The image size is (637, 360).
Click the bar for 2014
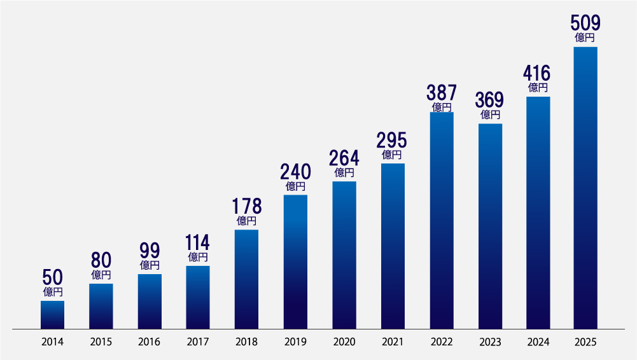[x=52, y=315]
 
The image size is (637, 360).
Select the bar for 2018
[x=246, y=279]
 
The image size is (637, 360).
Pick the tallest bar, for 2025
[x=585, y=188]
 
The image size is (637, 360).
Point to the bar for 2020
[x=344, y=255]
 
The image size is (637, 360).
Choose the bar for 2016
[x=150, y=301]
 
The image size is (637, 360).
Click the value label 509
[x=585, y=24]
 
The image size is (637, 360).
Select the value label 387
[x=441, y=93]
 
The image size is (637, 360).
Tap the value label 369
[x=490, y=100]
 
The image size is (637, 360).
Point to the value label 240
[x=295, y=172]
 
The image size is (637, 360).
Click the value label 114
[x=198, y=243]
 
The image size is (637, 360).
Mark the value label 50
[x=52, y=278]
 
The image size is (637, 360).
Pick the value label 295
[x=392, y=140]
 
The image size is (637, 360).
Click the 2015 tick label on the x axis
[x=101, y=342]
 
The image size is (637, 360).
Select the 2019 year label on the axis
[x=295, y=342]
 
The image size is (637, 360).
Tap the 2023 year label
[x=490, y=342]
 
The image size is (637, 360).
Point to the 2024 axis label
[x=538, y=342]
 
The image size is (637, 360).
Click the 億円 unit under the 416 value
[x=538, y=88]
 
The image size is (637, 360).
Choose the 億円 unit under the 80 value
[x=101, y=275]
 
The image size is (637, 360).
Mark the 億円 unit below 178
[x=246, y=221]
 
